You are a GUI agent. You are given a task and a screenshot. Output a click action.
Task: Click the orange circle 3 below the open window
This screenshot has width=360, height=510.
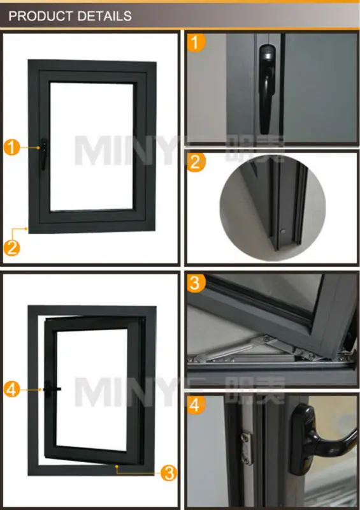[x=168, y=472]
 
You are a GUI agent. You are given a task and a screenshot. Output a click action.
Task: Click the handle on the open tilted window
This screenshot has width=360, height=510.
[x=51, y=388]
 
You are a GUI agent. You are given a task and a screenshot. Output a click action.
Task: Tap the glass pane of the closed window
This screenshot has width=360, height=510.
[x=94, y=143]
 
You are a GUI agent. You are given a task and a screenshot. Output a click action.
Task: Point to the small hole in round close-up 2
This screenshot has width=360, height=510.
[x=281, y=231]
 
